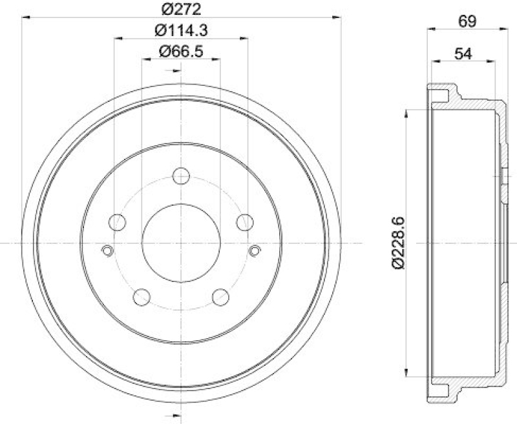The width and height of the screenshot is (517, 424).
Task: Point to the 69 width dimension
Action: (x=466, y=21)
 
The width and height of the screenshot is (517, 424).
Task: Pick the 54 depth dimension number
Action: (x=463, y=54)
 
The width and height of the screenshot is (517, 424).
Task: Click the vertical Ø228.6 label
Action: (x=399, y=243)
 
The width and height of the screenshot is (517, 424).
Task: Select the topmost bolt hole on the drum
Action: (x=182, y=176)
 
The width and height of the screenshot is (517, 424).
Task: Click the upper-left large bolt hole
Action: (x=118, y=223)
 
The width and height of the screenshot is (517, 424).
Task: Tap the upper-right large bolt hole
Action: (x=244, y=223)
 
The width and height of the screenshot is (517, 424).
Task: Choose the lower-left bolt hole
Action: (x=142, y=297)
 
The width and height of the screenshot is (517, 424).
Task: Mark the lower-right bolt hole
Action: (x=221, y=297)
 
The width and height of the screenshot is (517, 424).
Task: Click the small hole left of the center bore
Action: (x=108, y=250)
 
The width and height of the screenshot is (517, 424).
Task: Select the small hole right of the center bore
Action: (x=255, y=250)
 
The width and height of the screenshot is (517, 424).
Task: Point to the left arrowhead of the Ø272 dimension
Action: (x=26, y=17)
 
